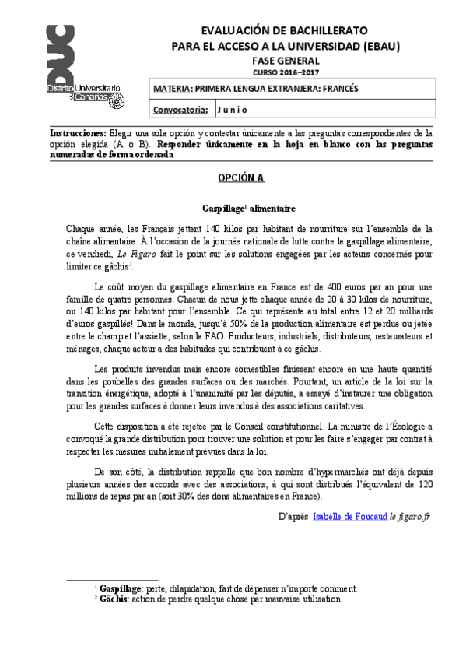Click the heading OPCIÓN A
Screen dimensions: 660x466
(x=240, y=178)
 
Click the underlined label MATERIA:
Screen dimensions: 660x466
(x=174, y=89)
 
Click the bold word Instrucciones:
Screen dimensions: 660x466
(x=77, y=134)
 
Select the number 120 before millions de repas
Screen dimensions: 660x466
(x=425, y=485)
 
